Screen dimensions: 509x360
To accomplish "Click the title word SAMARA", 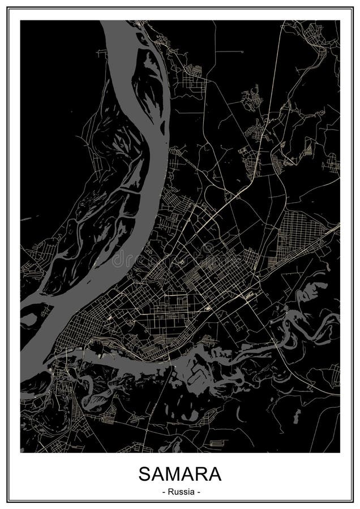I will coord(180,474).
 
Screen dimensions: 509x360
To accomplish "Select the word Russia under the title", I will coord(180,491).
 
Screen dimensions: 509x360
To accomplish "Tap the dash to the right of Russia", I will coord(199,491).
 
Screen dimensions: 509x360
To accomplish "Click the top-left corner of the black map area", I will coord(21,21).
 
